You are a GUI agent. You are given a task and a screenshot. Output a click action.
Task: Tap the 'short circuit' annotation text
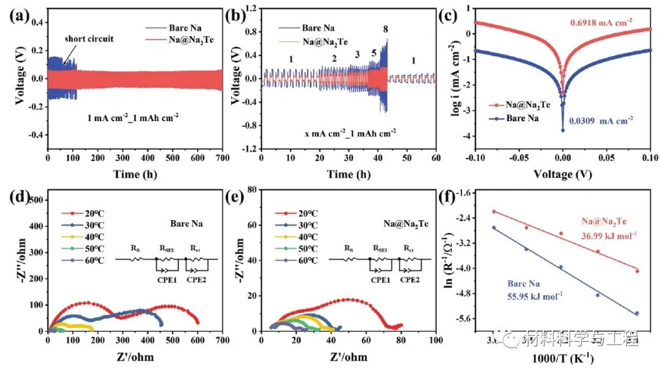point(89,39)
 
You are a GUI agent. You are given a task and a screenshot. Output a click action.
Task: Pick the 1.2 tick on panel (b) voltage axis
point(249,8)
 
